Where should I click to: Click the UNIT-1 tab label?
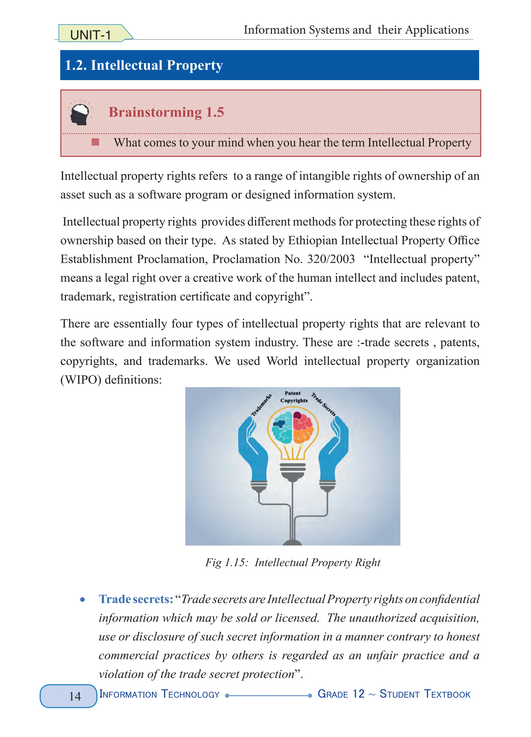click(x=90, y=35)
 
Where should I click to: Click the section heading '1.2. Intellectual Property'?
click(x=144, y=65)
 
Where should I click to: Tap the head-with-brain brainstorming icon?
click(x=80, y=113)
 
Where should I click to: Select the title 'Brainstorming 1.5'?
click(x=166, y=112)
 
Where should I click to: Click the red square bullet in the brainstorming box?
click(x=95, y=142)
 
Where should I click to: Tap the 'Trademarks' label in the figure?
click(x=261, y=405)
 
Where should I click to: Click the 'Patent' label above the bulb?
click(x=293, y=393)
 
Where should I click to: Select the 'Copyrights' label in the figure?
click(x=294, y=401)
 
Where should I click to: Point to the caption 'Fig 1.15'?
click(x=226, y=562)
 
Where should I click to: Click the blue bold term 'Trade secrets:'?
click(x=136, y=599)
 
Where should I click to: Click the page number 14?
click(x=75, y=696)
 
